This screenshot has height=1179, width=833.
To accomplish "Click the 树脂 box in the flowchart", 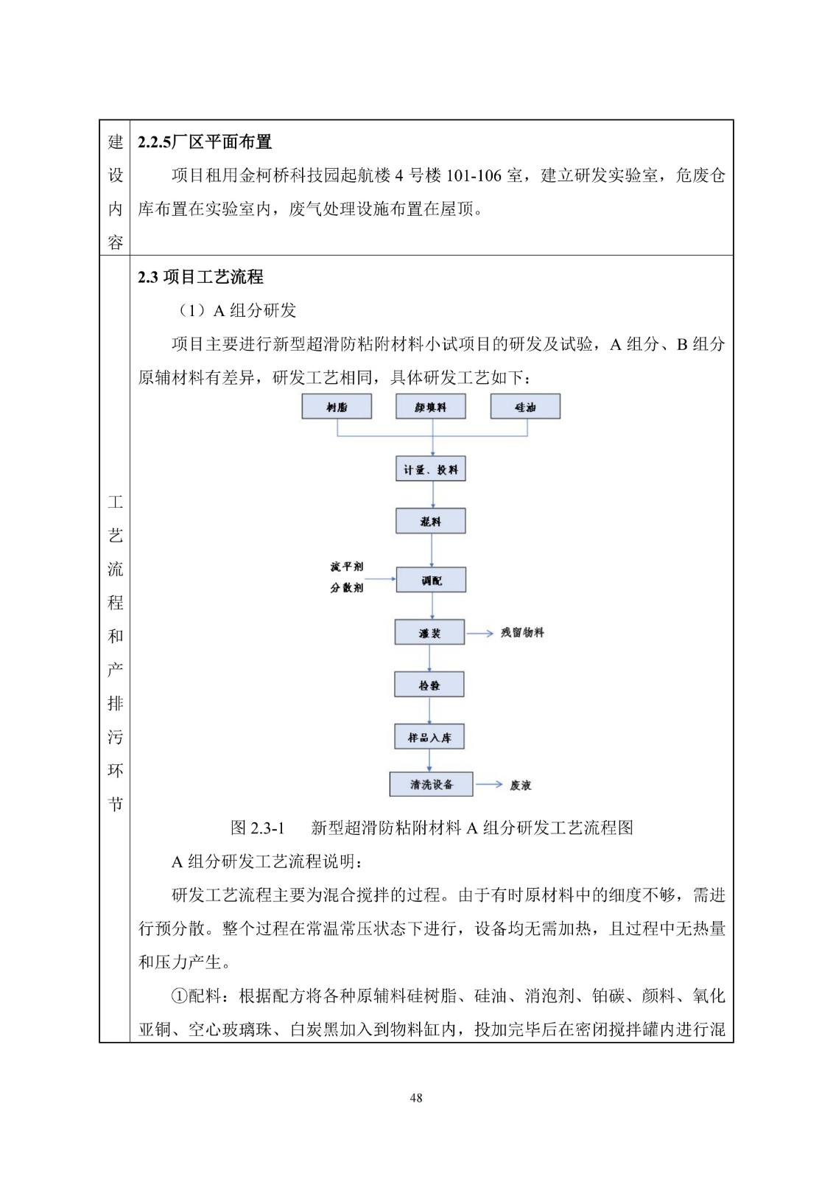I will tap(337, 407).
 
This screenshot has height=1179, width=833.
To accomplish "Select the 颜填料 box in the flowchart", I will tap(430, 407).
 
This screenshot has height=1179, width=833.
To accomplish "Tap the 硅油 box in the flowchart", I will tap(525, 407).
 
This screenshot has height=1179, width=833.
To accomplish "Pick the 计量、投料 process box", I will tap(430, 469).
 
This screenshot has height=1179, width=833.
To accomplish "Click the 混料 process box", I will tap(430, 522).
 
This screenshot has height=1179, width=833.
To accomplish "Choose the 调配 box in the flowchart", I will tap(431, 581).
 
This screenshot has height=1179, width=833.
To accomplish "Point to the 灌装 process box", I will tap(429, 633).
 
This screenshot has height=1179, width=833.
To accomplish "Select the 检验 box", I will tap(429, 685).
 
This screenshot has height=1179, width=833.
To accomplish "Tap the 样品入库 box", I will tap(429, 738).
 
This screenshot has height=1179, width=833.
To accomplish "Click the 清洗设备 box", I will tap(431, 785).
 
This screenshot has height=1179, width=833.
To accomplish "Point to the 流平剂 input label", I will tap(347, 567).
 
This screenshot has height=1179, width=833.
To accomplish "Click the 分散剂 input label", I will tap(347, 587).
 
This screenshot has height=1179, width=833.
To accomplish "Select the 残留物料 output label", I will tap(522, 633).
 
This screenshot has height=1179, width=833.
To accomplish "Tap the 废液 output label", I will tap(520, 786).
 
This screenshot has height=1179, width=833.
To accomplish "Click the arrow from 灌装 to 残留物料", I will tap(479, 633).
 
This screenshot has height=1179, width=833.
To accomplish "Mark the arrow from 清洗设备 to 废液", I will tap(488, 785).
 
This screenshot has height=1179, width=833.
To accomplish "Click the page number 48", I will tap(416, 1098).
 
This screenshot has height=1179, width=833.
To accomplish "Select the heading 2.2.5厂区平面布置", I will tap(205, 142).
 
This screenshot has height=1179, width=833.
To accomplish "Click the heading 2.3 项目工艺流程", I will tap(200, 277).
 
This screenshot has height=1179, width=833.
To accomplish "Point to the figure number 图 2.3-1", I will tap(258, 828).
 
